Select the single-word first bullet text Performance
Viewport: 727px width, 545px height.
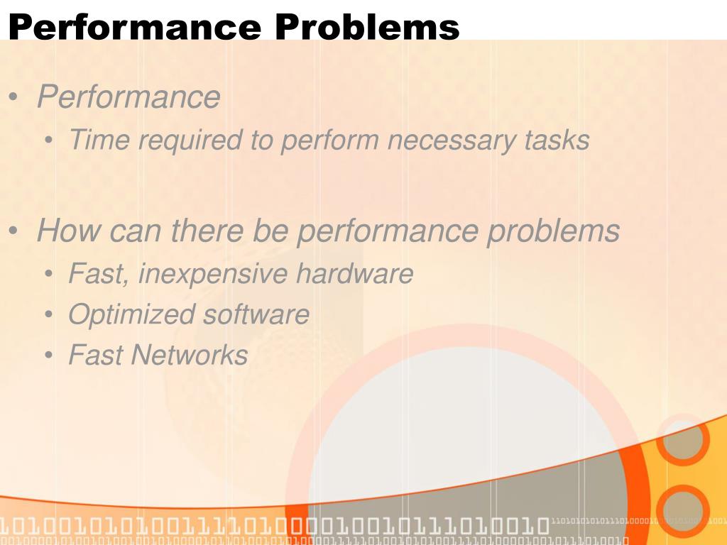point(129,97)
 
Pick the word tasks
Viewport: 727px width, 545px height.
point(557,140)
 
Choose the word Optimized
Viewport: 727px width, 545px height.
point(131,315)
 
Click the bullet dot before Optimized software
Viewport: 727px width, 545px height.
point(48,315)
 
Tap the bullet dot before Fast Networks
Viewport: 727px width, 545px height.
point(48,356)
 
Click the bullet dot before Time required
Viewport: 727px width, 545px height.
point(48,141)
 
